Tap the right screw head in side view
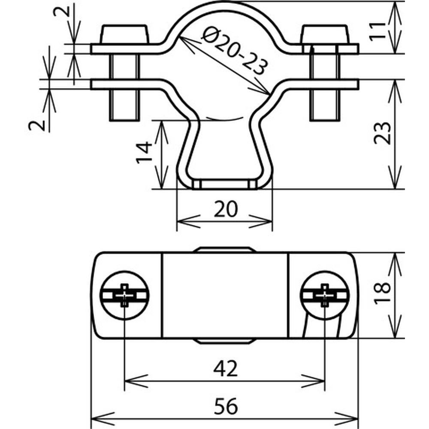tap(324, 34)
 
